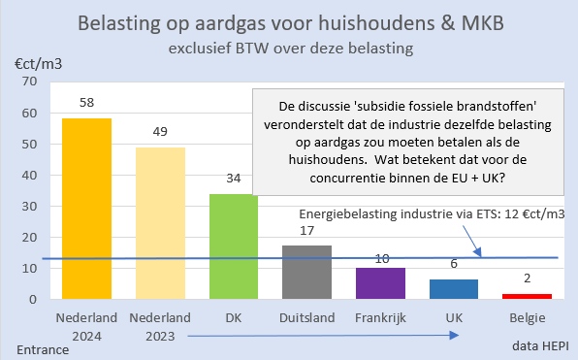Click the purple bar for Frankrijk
[x=381, y=282]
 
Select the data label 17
[x=306, y=230]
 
